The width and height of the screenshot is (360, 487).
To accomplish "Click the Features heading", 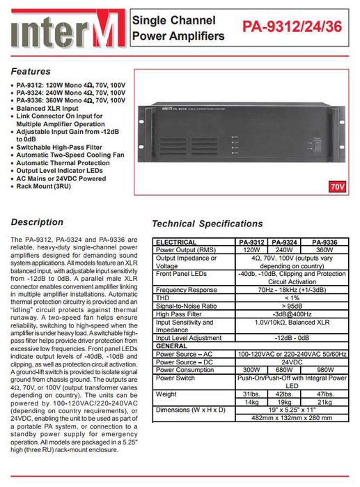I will tap(30, 71).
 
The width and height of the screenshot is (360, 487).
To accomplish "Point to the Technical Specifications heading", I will tap(208, 224).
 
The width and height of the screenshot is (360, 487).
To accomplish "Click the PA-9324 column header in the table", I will tap(283, 242).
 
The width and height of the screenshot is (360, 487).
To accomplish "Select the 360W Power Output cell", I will tap(324, 249).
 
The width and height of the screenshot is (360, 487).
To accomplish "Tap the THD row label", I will tap(163, 297).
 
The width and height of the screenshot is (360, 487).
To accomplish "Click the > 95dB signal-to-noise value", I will tap(292, 306).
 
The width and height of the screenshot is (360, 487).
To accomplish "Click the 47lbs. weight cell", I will tap(324, 394).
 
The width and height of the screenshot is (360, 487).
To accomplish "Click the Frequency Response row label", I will tap(186, 290).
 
